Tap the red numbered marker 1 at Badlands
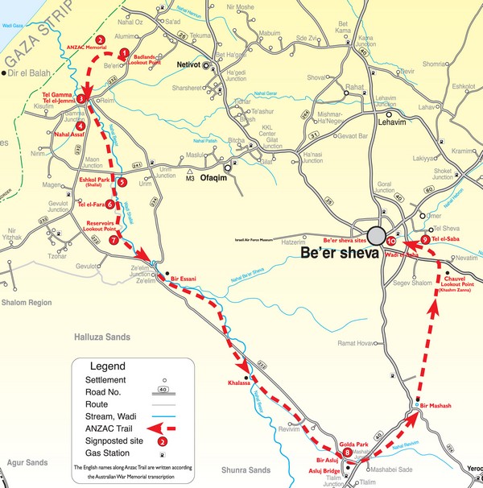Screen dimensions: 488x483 (x=124, y=54)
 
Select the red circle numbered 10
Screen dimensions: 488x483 (x=390, y=240)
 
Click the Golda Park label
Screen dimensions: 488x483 (x=354, y=445)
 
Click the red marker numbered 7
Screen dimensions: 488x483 (x=114, y=239)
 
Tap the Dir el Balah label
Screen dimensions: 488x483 (x=25, y=73)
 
